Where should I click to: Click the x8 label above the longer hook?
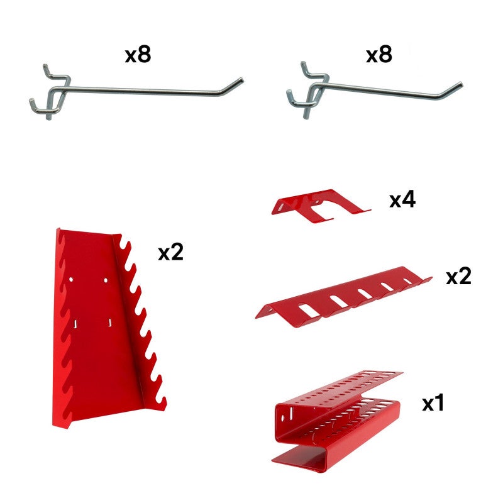(138, 55)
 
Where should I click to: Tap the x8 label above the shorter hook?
(379, 55)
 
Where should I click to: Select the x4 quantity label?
(402, 201)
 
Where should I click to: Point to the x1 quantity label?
(433, 403)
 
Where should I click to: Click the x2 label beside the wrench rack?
(170, 253)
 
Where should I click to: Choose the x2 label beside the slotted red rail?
(458, 277)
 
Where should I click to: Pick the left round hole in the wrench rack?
(73, 279)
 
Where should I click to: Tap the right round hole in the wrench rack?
(106, 278)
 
